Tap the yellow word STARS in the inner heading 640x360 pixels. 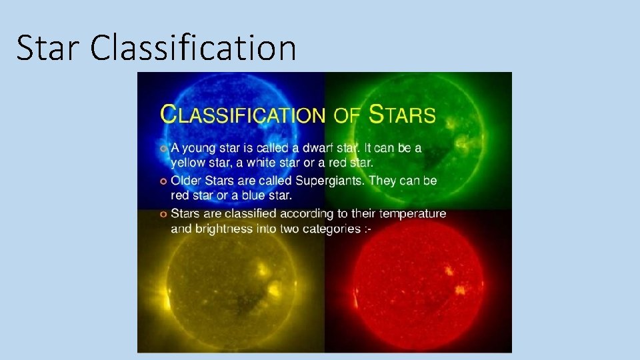pos(402,115)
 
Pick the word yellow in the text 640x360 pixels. pos(188,162)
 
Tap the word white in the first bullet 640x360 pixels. pos(264,162)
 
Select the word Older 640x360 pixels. pos(187,181)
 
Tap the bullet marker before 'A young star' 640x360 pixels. pos(163,148)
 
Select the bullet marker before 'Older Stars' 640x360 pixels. pos(163,181)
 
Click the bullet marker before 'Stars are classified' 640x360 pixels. pos(163,214)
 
